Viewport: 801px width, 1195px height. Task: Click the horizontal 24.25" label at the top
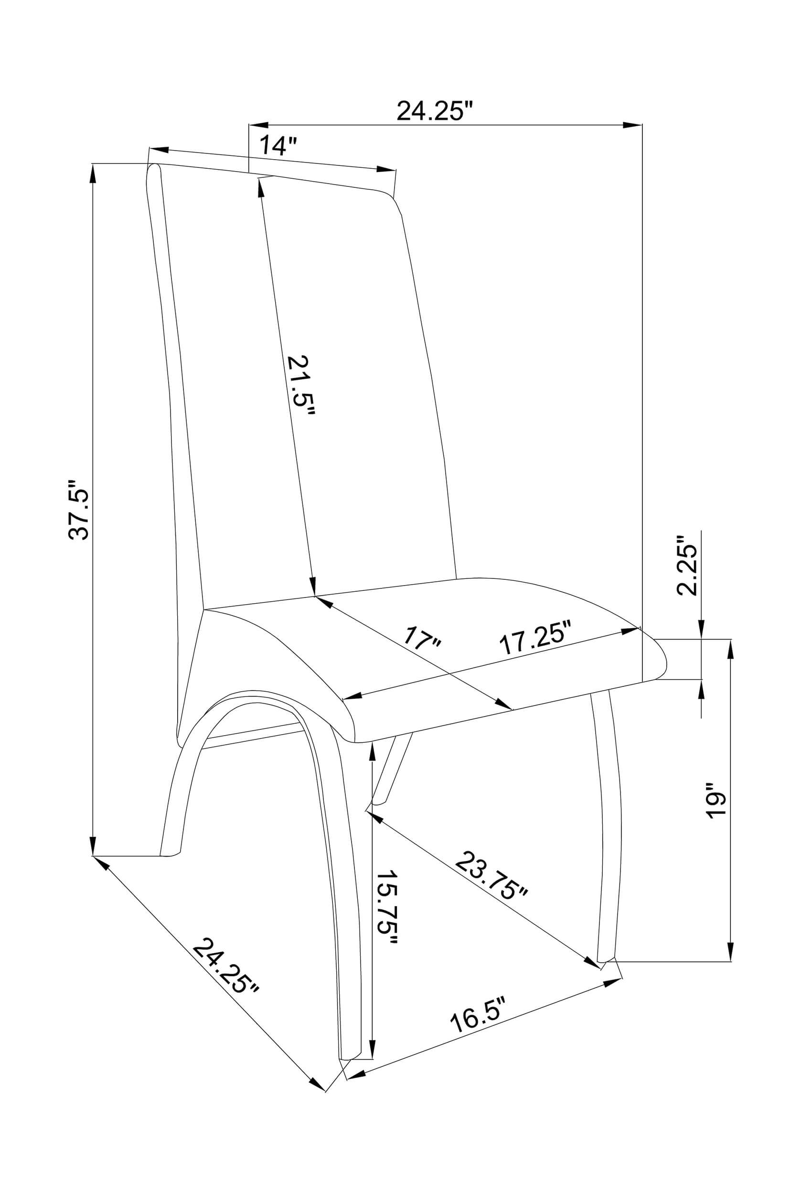click(x=435, y=110)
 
